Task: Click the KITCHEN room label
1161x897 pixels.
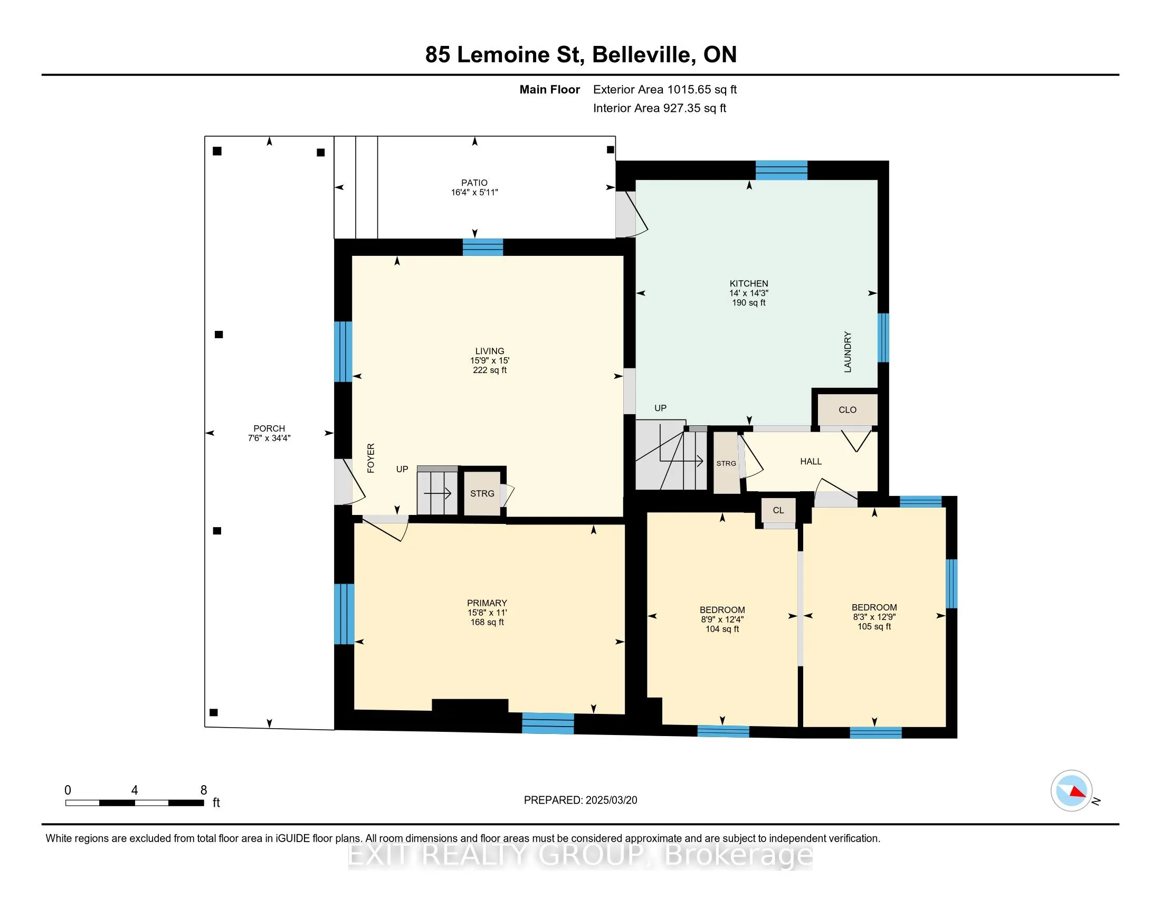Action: coord(748,284)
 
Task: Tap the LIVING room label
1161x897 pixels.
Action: coord(490,351)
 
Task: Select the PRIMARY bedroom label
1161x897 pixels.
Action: coord(487,603)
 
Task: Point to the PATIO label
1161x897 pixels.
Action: coord(474,183)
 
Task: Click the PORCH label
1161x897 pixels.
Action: coord(269,429)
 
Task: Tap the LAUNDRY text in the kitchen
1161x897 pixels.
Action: coord(848,352)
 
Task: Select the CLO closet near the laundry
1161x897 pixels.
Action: coord(848,409)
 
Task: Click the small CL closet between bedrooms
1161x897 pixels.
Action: coord(778,510)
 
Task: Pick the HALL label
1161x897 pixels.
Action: coord(811,462)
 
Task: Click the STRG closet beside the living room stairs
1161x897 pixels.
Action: coord(482,494)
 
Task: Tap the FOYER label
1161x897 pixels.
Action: coord(371,458)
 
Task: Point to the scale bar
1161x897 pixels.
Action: coord(135,803)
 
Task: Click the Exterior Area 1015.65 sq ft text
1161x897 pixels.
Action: coord(665,90)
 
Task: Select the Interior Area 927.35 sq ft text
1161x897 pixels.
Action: coord(660,108)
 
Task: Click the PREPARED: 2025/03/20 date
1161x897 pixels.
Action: coord(580,800)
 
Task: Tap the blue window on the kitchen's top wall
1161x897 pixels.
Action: coord(782,170)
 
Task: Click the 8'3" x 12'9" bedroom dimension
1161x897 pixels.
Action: coord(874,617)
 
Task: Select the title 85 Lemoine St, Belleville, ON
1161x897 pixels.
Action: coord(581,55)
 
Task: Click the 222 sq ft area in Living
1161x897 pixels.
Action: coord(490,370)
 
